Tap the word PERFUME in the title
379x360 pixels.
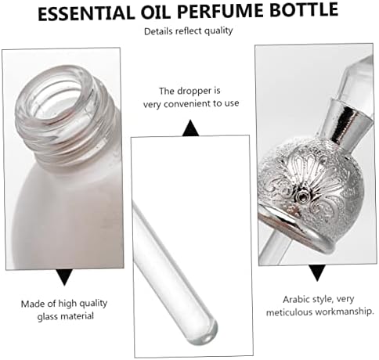[x=222, y=11]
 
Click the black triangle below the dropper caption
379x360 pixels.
[x=190, y=126]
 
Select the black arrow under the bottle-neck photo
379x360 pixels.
[x=65, y=275]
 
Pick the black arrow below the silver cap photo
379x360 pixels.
[x=316, y=272]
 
